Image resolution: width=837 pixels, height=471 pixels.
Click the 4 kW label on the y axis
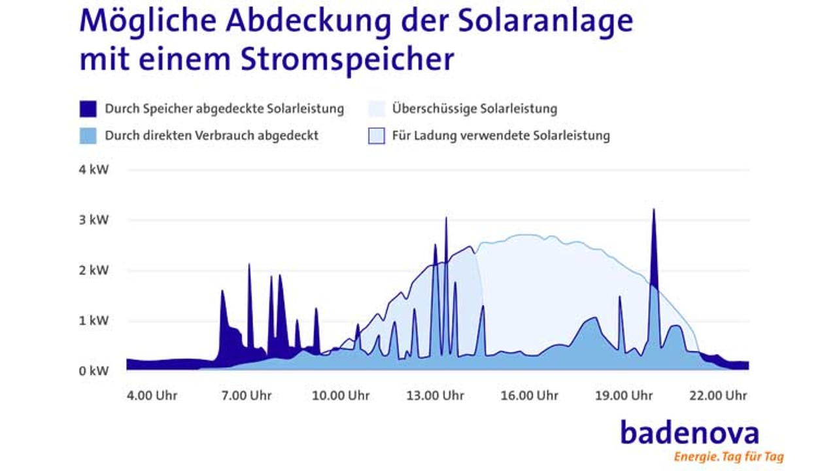point(94,170)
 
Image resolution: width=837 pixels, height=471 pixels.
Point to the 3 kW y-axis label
point(94,220)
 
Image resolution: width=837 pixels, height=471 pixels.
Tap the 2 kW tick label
point(94,270)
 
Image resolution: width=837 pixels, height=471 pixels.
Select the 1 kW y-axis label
point(94,321)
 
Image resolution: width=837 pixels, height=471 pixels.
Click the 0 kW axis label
point(94,370)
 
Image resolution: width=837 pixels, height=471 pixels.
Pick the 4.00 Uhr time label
point(152,396)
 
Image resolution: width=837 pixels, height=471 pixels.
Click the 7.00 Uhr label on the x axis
point(247,396)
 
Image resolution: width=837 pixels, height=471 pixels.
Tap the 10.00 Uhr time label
point(340,396)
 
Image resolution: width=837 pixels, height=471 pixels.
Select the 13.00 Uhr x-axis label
point(435,396)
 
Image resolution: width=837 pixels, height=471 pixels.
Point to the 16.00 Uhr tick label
point(530,396)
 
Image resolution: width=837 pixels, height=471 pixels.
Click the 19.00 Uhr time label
point(624,396)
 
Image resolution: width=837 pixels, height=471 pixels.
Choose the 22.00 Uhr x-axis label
point(717,396)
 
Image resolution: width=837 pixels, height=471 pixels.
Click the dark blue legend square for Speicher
point(88,109)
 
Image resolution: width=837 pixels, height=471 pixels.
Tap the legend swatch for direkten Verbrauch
point(88,136)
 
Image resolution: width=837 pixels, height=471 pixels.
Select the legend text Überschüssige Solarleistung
point(474,109)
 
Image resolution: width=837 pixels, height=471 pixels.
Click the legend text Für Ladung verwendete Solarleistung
point(500,136)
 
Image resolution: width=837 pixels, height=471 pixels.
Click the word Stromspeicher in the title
point(347,60)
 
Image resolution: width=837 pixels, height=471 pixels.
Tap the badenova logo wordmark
point(689,433)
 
